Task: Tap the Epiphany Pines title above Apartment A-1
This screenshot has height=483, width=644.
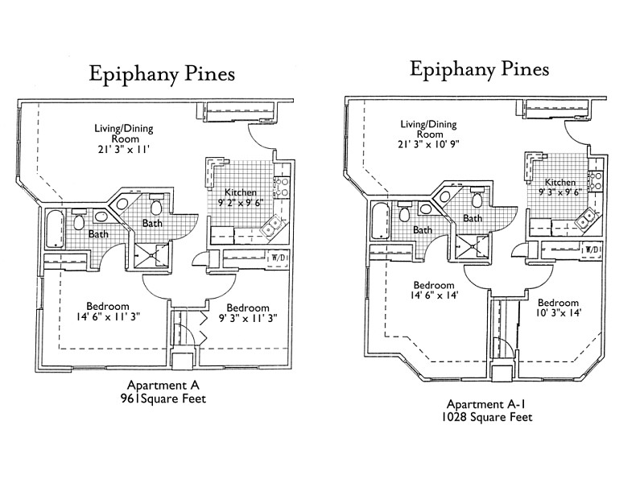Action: click(x=479, y=70)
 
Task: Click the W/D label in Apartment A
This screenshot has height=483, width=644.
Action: click(x=279, y=258)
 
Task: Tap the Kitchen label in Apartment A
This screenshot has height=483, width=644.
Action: click(x=241, y=192)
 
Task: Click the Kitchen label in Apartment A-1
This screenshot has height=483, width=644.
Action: click(x=559, y=182)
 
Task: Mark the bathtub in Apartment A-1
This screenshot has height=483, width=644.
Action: click(x=381, y=222)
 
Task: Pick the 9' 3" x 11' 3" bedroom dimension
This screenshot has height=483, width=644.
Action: click(x=247, y=319)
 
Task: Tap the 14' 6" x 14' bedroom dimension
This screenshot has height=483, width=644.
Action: click(x=435, y=296)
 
